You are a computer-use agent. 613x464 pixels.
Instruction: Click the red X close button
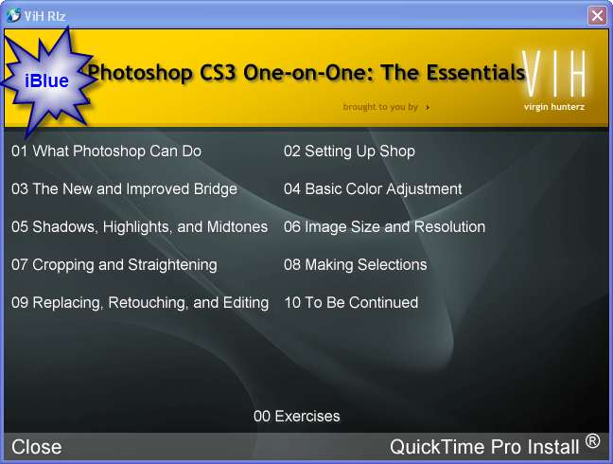pyautogui.click(x=597, y=16)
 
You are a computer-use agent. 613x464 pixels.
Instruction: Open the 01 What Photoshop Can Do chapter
pyautogui.click(x=106, y=151)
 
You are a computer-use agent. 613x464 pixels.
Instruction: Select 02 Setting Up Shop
pyautogui.click(x=349, y=151)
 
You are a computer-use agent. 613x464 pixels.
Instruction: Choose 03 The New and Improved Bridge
pyautogui.click(x=124, y=189)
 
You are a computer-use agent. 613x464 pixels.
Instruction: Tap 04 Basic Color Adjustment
pyautogui.click(x=373, y=189)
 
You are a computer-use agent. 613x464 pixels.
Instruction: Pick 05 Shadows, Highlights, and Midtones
pyautogui.click(x=140, y=227)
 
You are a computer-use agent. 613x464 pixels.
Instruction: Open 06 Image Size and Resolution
pyautogui.click(x=384, y=227)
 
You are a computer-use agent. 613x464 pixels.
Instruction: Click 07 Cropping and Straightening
pyautogui.click(x=114, y=265)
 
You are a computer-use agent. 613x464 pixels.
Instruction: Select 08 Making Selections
pyautogui.click(x=356, y=265)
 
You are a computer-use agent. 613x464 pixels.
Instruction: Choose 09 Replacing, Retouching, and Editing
pyautogui.click(x=140, y=303)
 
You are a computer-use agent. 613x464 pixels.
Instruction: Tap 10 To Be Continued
pyautogui.click(x=351, y=302)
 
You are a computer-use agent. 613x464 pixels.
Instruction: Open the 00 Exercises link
pyautogui.click(x=297, y=417)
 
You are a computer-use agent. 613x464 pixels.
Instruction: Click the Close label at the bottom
pyautogui.click(x=37, y=447)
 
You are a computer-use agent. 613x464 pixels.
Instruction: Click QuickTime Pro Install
pyautogui.click(x=484, y=447)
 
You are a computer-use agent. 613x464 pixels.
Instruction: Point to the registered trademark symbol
pyautogui.click(x=593, y=441)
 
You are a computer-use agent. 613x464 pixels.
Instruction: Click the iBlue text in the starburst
pyautogui.click(x=47, y=81)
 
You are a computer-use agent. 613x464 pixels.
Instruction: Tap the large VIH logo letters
pyautogui.click(x=554, y=73)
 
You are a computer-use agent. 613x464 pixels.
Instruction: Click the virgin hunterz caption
pyautogui.click(x=554, y=107)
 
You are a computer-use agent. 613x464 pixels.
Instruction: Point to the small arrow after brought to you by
pyautogui.click(x=429, y=107)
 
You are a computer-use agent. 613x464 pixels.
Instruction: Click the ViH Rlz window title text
pyautogui.click(x=44, y=16)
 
